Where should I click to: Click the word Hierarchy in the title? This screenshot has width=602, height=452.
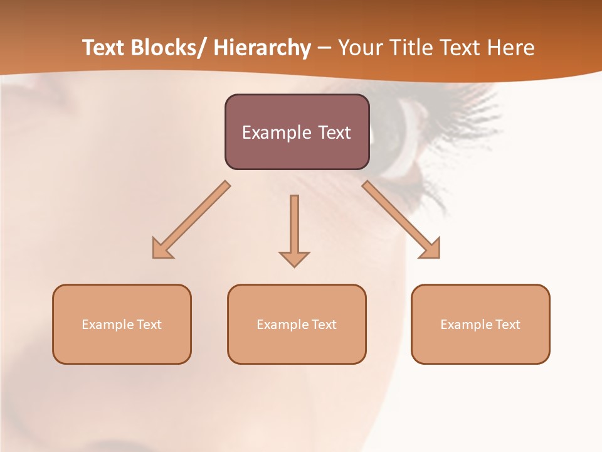(x=262, y=48)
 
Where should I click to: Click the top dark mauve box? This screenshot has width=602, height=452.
(x=297, y=132)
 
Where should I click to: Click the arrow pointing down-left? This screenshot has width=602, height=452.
(x=191, y=220)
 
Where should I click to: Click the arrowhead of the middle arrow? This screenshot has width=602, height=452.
(x=294, y=259)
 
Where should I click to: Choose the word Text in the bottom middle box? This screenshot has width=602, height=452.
(x=324, y=325)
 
